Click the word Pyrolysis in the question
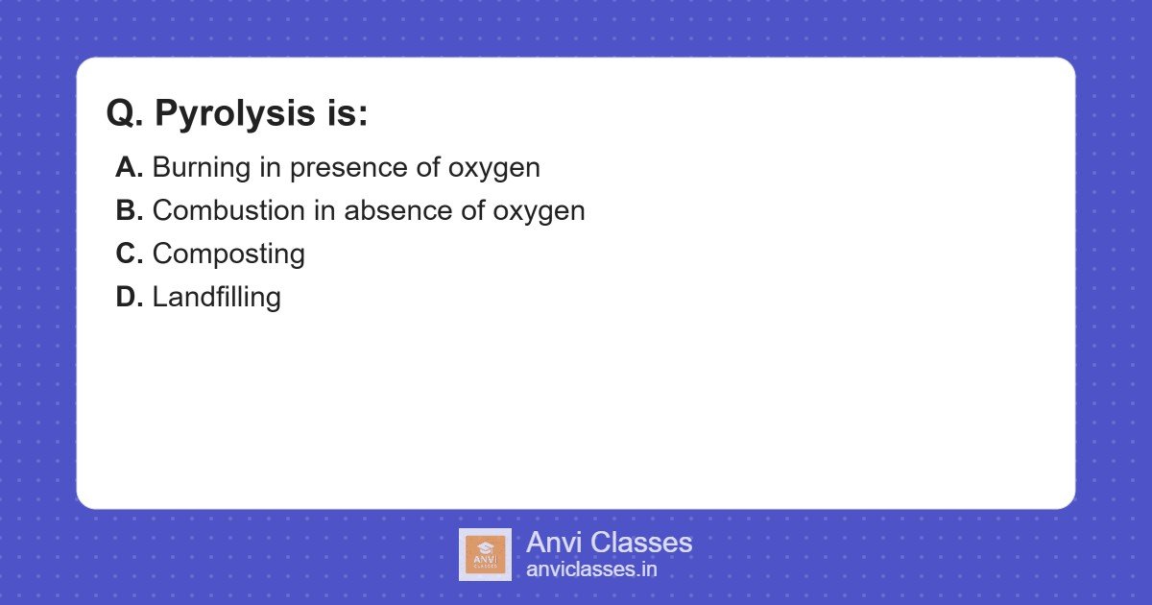[x=229, y=114]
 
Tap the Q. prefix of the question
[x=125, y=114]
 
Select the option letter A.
[x=129, y=168]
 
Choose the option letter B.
[x=129, y=211]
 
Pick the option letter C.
[x=129, y=254]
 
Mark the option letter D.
[x=129, y=298]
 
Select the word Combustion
[x=224, y=211]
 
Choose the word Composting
[x=228, y=255]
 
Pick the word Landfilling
[x=216, y=298]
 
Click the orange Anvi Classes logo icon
[x=485, y=554]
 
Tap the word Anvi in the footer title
[x=553, y=543]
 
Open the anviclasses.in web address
[x=591, y=569]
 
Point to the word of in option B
[x=473, y=211]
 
